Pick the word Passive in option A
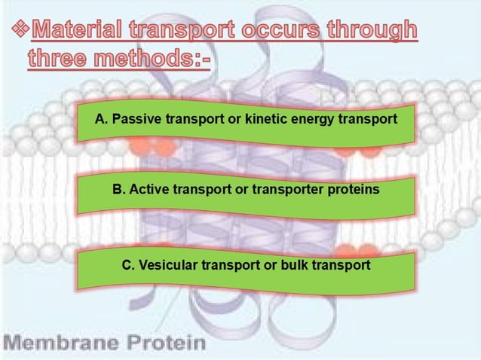click(x=135, y=119)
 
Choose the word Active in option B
click(x=149, y=189)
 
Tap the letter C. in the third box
click(x=129, y=265)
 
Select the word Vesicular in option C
click(x=166, y=265)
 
